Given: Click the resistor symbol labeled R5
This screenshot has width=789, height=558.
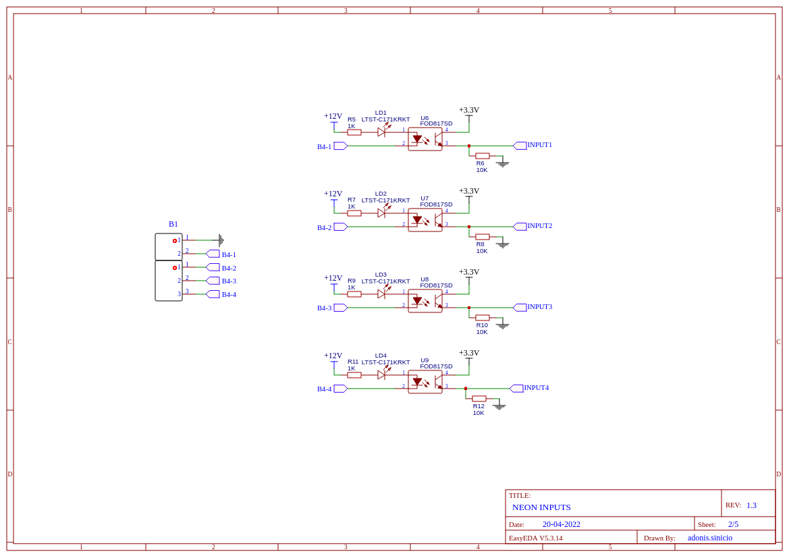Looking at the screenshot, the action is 354,132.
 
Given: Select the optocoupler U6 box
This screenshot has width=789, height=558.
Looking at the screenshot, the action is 425,139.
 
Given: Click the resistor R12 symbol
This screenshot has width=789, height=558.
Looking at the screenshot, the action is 479,399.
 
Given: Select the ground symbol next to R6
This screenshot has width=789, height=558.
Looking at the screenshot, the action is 502,163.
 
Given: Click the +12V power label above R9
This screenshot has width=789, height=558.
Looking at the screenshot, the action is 333,278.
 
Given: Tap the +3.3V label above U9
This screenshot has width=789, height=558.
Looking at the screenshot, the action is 469,353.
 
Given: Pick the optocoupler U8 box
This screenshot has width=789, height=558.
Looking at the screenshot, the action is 425,301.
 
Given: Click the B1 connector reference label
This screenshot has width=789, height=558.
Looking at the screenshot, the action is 173,225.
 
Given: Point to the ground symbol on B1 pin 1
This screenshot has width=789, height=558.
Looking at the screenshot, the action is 221,240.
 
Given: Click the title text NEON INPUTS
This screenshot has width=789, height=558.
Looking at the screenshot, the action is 541,507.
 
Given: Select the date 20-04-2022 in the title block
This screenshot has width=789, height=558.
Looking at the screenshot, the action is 562,524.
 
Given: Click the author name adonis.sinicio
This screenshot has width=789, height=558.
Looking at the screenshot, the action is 710,538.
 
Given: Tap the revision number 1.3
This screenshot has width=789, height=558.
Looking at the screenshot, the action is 751,505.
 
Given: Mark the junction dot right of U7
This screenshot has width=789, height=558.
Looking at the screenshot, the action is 469,227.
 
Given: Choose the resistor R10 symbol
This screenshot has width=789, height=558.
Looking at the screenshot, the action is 483,318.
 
